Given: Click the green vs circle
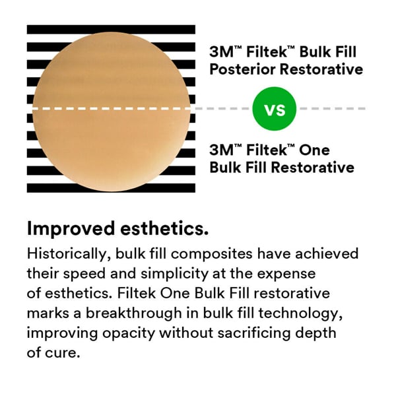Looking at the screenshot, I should click(275, 108).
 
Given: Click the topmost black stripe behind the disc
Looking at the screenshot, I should click(110, 30).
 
